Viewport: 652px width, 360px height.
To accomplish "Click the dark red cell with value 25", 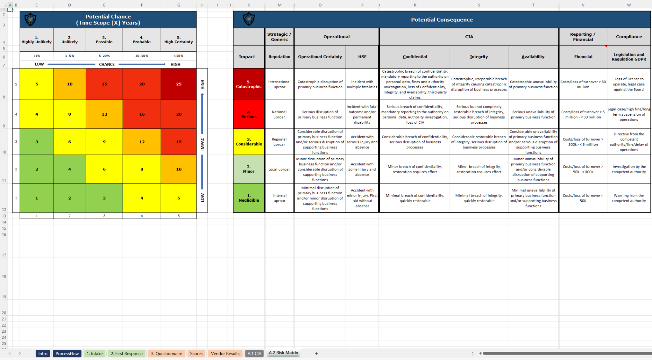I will [x=179, y=84].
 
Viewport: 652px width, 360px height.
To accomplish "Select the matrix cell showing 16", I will [x=142, y=114].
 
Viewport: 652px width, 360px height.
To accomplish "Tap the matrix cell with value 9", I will [x=104, y=142].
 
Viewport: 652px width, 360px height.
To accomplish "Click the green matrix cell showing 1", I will [x=37, y=198].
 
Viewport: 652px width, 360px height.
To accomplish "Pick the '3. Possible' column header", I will [x=104, y=40].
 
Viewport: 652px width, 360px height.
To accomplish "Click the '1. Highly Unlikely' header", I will [x=37, y=40].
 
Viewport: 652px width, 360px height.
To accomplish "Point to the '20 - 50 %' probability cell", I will [x=142, y=56].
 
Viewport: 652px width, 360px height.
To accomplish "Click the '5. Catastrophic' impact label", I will [x=249, y=84].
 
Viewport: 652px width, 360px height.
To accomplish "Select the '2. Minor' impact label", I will [x=249, y=169].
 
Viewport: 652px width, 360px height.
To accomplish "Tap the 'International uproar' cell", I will [x=279, y=84].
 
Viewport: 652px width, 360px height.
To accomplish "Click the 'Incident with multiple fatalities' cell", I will [x=362, y=84].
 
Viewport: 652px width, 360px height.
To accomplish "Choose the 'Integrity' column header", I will [x=479, y=57].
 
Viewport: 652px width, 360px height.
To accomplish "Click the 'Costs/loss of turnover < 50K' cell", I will [x=583, y=198].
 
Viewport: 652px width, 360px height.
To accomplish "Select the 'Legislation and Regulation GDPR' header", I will [x=629, y=57].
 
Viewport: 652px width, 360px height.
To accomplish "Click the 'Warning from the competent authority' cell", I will [x=629, y=198].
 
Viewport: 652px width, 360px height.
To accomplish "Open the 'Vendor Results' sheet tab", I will [x=225, y=353].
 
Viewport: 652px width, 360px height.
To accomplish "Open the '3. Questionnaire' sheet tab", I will [x=167, y=353].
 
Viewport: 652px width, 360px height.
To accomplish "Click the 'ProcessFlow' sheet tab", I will [x=67, y=353].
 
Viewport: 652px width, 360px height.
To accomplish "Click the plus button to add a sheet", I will [x=316, y=353].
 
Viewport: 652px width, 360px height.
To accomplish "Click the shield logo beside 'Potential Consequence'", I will [x=249, y=19].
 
